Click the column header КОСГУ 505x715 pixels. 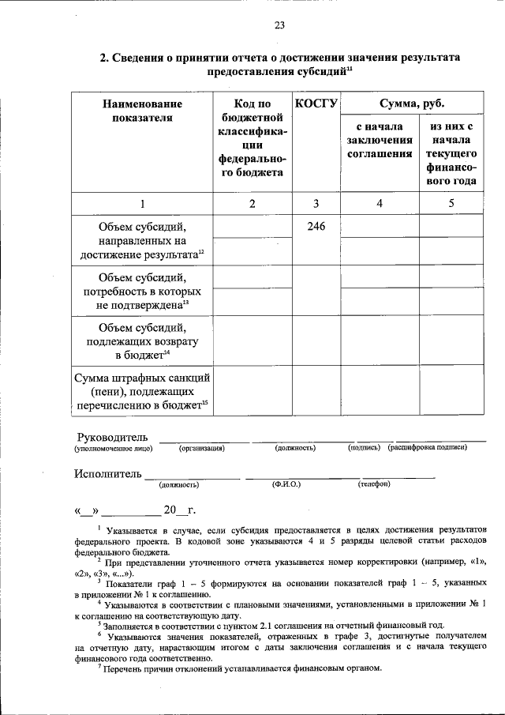(316, 103)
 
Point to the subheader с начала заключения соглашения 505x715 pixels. (379, 140)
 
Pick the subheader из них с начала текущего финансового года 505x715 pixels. (451, 153)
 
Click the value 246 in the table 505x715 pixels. (316, 227)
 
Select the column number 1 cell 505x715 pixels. (142, 204)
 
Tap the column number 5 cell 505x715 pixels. (451, 204)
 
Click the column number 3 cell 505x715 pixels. (316, 204)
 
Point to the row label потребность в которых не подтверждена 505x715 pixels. (142, 292)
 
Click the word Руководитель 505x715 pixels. (112, 437)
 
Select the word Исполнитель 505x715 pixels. (109, 474)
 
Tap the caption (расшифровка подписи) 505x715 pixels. (427, 448)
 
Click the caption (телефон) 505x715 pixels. (373, 484)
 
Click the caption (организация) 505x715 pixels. (202, 448)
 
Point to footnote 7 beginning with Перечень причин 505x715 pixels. (237, 668)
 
